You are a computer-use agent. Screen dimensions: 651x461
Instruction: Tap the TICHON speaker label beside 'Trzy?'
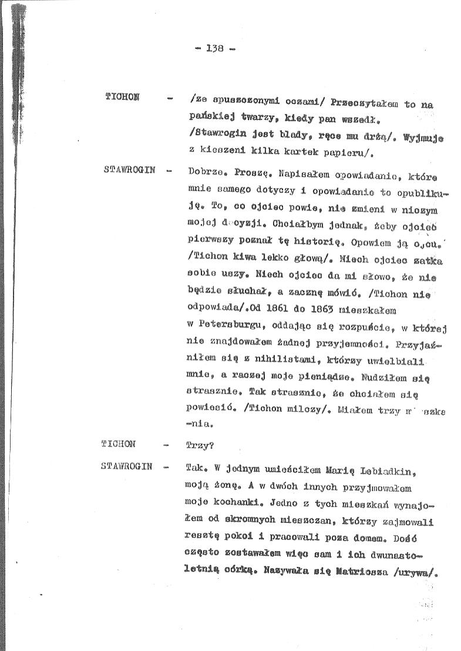(119, 444)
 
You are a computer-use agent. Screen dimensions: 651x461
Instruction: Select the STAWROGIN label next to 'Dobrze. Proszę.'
(129, 170)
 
